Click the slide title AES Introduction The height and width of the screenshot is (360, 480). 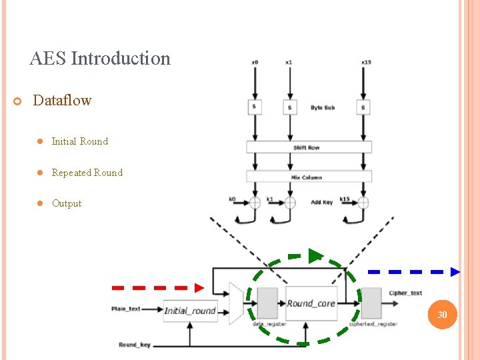(100, 59)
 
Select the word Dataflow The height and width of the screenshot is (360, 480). (62, 101)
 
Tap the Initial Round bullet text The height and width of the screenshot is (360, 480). (79, 141)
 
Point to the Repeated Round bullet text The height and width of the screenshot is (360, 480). (87, 173)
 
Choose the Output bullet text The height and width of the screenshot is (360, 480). (67, 203)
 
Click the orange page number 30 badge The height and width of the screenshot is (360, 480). (442, 315)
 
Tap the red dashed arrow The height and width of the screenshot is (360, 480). (158, 287)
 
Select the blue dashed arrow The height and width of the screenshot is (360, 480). (414, 271)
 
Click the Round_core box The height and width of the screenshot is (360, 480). (311, 304)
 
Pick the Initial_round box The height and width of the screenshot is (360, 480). (190, 311)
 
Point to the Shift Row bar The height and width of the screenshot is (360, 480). (309, 147)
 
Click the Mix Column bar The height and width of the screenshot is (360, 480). (309, 177)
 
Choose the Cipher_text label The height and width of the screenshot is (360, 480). (406, 293)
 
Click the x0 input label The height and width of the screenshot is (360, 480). (255, 63)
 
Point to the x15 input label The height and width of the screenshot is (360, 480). (366, 63)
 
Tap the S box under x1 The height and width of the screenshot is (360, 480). (289, 107)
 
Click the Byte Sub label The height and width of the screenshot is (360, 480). (323, 107)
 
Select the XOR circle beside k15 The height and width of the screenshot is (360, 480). (363, 203)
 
